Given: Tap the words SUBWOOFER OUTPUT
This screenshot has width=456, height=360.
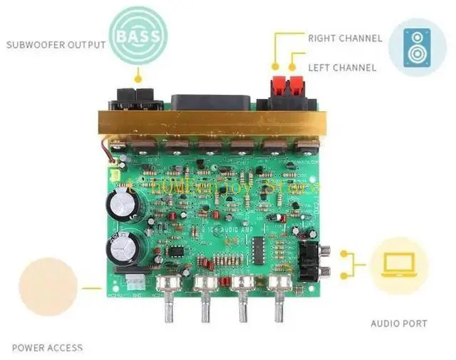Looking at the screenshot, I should point(56,45).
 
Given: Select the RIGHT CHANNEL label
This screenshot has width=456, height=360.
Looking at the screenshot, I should point(345,38).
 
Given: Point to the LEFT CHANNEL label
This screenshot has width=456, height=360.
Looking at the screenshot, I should point(341,68).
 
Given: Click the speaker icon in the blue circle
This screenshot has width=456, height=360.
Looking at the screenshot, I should point(418,48).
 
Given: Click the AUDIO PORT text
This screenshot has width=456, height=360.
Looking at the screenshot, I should point(399,323).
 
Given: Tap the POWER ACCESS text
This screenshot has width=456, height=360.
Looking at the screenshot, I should point(47,348).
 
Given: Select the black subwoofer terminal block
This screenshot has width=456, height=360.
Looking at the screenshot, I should point(137,97).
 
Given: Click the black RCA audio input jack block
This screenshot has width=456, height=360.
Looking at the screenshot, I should point(312,260).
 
